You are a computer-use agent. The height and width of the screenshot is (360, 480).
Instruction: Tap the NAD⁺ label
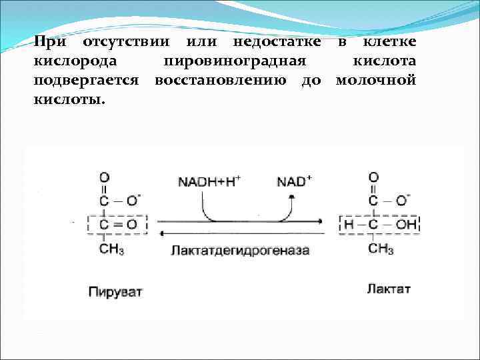295,181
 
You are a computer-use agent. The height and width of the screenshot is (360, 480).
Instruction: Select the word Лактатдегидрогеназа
240,251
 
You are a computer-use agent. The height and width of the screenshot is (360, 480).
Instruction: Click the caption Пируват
115,291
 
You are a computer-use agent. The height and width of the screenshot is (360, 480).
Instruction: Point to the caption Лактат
388,289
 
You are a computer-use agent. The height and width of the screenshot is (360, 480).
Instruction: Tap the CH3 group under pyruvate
111,250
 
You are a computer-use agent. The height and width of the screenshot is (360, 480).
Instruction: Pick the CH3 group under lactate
380,249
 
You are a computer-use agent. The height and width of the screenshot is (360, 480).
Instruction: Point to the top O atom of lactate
373,177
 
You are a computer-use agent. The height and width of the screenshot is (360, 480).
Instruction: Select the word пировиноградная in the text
235,61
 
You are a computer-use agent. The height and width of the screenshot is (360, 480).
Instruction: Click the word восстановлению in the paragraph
225,80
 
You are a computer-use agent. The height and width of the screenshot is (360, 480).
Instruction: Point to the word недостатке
275,43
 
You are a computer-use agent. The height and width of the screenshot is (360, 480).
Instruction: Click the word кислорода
75,61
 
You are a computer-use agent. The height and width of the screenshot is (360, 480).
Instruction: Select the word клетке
389,43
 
